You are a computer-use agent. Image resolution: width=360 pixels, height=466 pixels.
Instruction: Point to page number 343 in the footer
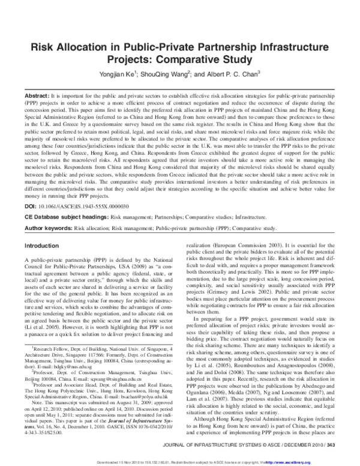click(331, 444)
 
